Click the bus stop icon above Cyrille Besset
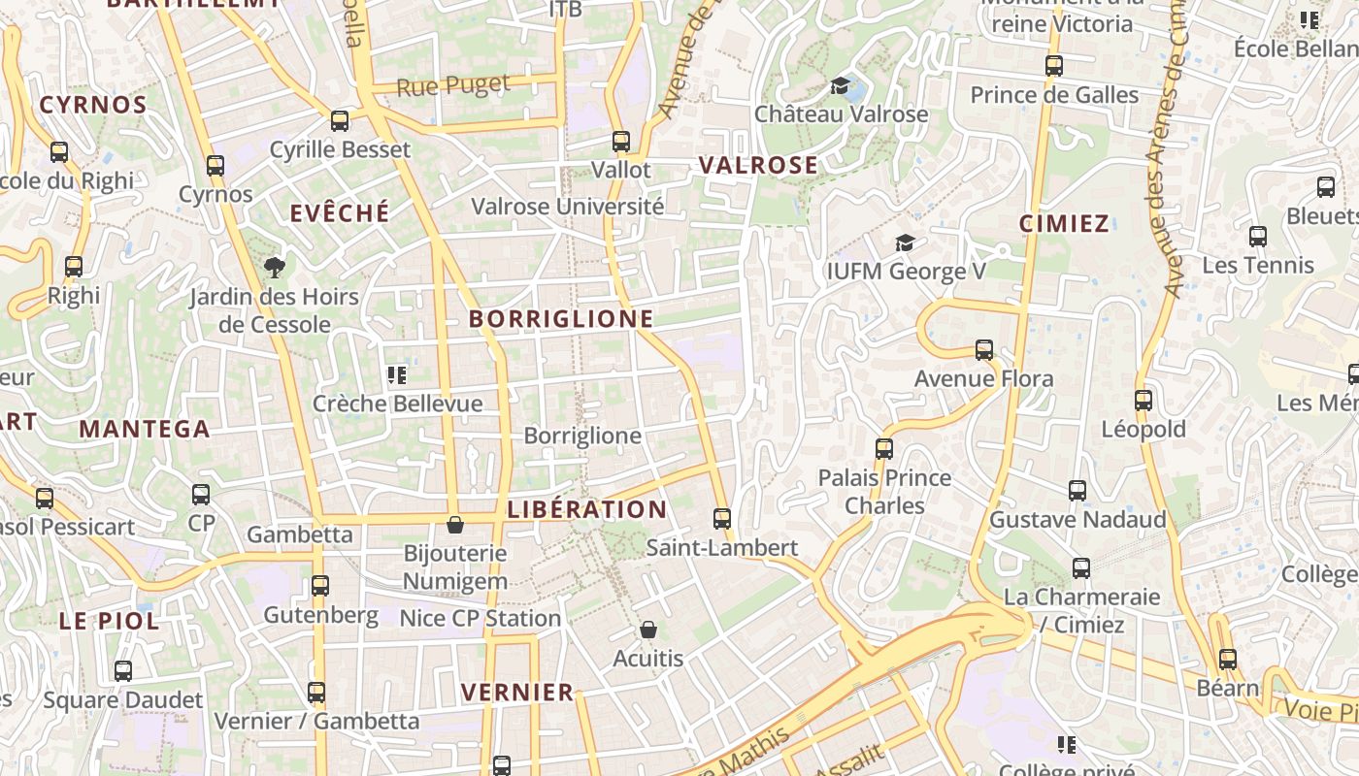pos(340,121)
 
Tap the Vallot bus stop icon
pos(621,142)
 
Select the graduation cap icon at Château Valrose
pos(841,86)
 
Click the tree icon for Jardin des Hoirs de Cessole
pos(275,268)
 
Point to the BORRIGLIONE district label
pos(561,318)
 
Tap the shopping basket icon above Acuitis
pos(648,630)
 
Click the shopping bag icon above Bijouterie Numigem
pos(454,526)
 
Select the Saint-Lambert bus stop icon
pos(721,519)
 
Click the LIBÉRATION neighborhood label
pos(587,509)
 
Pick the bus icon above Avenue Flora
pos(984,350)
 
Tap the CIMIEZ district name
pos(1064,224)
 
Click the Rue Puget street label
pos(453,85)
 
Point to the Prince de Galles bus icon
pos(1054,66)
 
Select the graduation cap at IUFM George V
pos(905,243)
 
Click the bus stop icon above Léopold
pos(1144,401)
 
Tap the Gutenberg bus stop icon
pos(320,586)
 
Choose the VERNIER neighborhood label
pos(517,692)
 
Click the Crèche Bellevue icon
pos(396,375)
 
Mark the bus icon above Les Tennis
pos(1258,237)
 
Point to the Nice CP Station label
pos(481,618)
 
